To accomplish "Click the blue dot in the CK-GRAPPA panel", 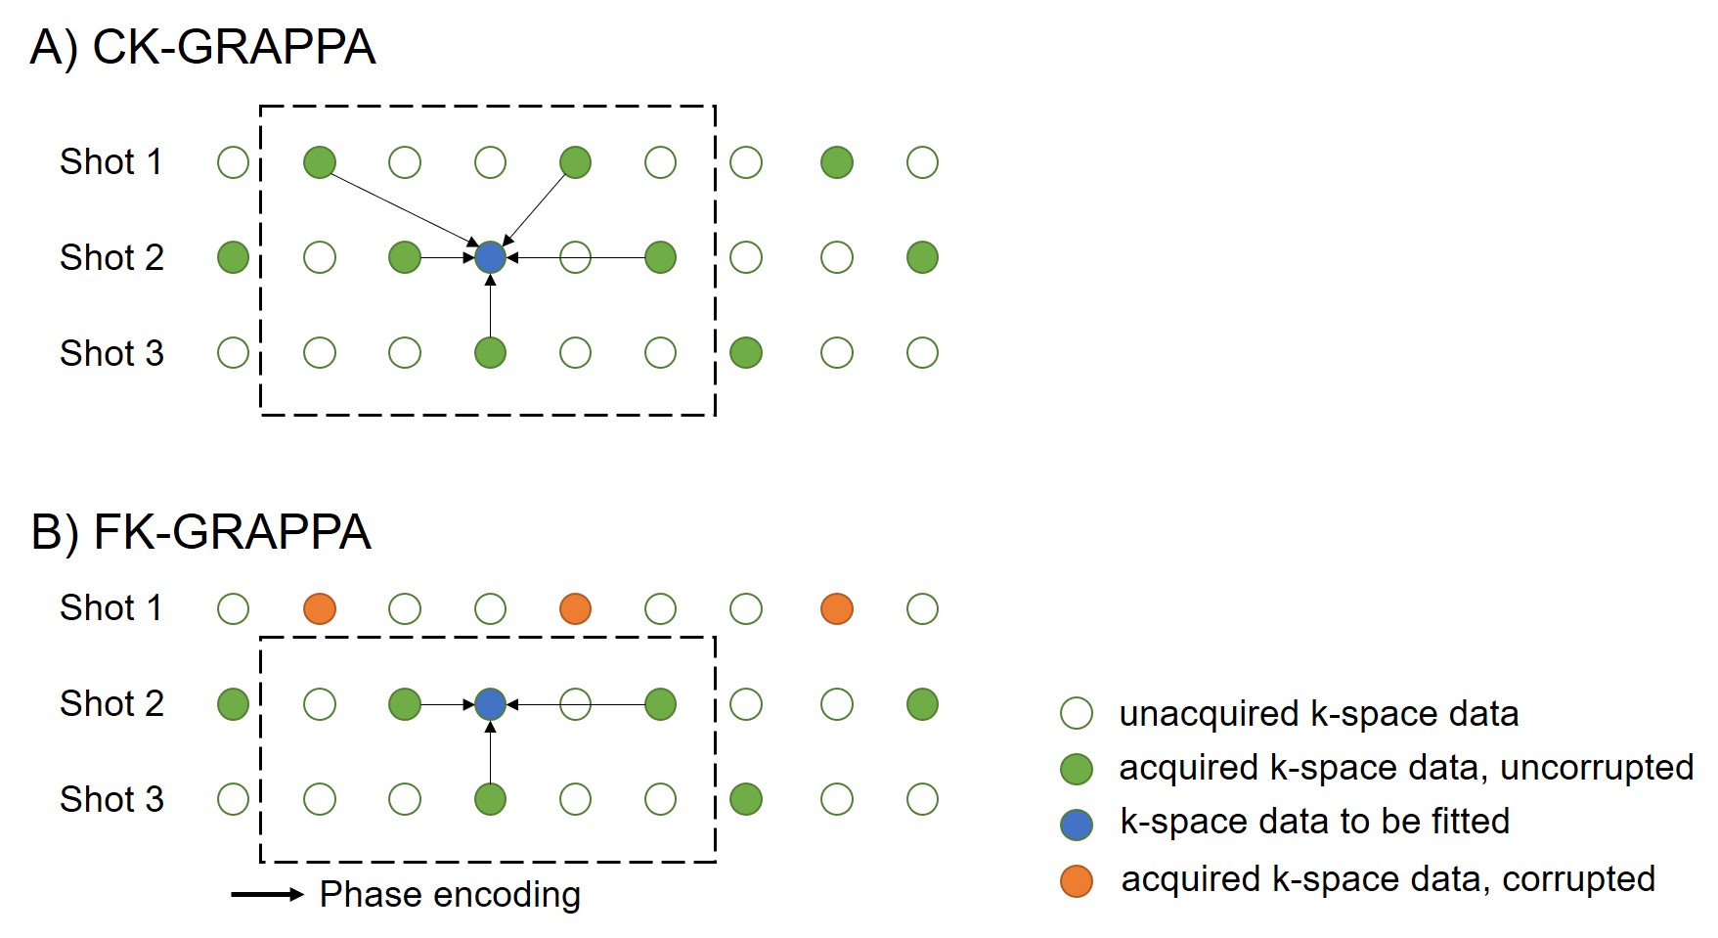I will tap(490, 257).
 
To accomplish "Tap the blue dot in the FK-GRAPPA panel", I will tap(490, 704).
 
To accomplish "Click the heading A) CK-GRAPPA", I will tap(202, 47).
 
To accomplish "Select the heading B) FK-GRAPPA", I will tap(200, 532).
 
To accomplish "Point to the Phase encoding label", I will tap(450, 894).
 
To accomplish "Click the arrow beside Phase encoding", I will tap(267, 894).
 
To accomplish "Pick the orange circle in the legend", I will tap(1077, 880).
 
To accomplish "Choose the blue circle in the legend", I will tap(1077, 825).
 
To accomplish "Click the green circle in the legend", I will tap(1077, 769).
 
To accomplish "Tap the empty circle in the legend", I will tap(1077, 714).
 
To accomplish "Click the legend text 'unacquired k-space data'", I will tap(1318, 714).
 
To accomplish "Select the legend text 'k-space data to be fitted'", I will tap(1314, 822).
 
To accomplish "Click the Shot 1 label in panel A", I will tap(110, 162).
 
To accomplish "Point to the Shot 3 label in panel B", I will tap(111, 799).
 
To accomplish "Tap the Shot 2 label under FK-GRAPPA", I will tap(111, 704).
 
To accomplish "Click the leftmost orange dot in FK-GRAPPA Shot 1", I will tap(320, 608).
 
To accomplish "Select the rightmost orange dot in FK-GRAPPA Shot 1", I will tap(837, 608).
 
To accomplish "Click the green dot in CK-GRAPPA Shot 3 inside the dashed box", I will tap(490, 352).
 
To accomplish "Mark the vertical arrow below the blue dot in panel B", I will tap(490, 752).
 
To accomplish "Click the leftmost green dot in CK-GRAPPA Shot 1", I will tap(320, 162).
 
